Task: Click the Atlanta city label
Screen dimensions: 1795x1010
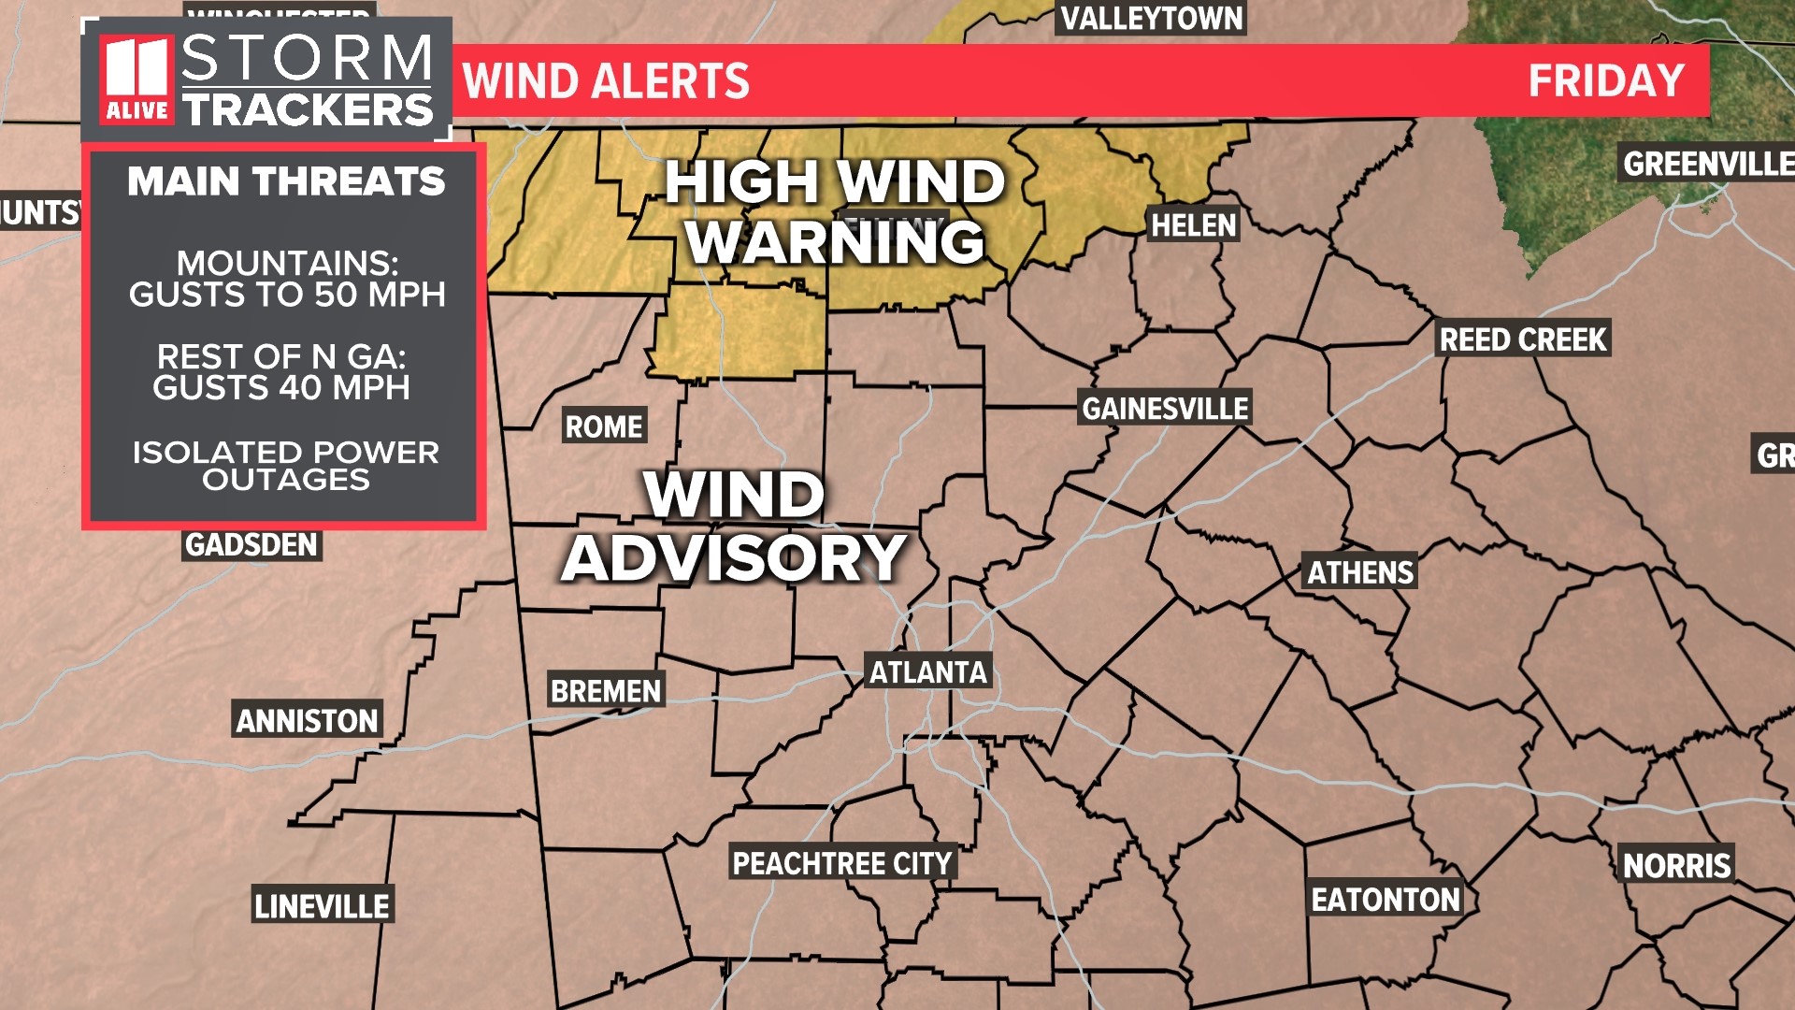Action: [x=927, y=672]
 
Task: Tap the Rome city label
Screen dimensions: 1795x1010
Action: [x=604, y=427]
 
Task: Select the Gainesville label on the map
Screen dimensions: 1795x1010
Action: [x=1164, y=409]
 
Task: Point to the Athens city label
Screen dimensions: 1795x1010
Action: [x=1359, y=572]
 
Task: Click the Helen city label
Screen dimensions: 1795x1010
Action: [x=1193, y=225]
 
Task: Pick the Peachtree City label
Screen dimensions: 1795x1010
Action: [x=841, y=863]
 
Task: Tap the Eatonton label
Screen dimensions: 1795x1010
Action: [x=1385, y=900]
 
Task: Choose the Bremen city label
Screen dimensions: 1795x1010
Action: [x=605, y=691]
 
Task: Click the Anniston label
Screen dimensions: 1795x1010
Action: [x=307, y=721]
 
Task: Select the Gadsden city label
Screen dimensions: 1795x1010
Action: [x=251, y=545]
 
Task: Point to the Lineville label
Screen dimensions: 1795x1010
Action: [x=322, y=906]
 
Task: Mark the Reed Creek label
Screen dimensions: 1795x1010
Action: [x=1522, y=339]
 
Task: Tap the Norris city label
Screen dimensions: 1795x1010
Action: [x=1676, y=866]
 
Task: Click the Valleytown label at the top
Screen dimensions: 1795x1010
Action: [x=1151, y=19]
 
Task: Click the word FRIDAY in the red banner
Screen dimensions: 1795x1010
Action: [x=1605, y=81]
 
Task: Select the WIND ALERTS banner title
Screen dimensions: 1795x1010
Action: [x=606, y=81]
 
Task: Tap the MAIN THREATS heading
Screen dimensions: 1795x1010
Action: [x=286, y=181]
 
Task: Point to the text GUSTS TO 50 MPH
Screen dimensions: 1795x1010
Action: [x=287, y=295]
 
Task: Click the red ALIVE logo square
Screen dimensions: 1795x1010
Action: [x=136, y=80]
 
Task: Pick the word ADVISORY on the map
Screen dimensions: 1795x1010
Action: [x=734, y=558]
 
